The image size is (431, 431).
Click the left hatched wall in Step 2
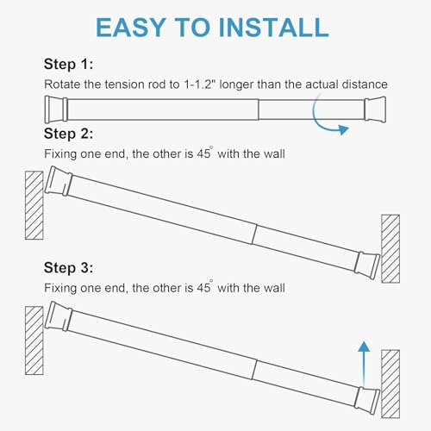pos(34,205)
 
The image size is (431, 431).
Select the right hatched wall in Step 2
pos(390,248)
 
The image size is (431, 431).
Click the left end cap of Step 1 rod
pos(55,109)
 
